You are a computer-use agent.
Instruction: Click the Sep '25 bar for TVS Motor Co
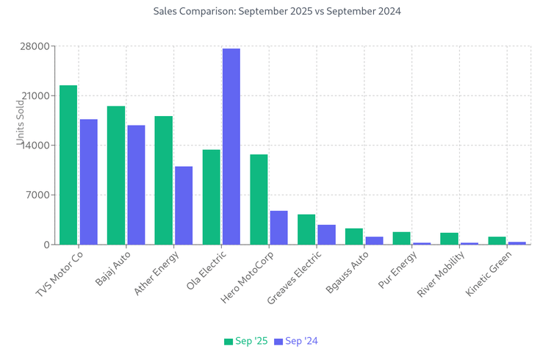tap(68, 165)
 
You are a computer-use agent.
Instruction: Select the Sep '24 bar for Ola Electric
tap(231, 146)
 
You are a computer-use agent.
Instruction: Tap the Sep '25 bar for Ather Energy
tap(164, 180)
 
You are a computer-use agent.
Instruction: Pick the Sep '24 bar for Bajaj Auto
tap(136, 184)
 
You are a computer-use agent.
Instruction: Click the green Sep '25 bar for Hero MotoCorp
tap(259, 199)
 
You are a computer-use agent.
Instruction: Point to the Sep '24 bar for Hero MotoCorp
tap(279, 227)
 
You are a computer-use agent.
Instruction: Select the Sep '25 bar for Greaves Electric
tap(306, 229)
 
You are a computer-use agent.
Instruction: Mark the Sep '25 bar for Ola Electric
tap(212, 197)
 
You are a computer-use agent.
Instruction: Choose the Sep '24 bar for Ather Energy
tap(184, 205)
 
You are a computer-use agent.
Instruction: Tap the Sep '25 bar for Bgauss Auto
tap(354, 236)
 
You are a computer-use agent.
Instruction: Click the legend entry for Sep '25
tap(246, 341)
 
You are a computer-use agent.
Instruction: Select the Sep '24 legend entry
tap(295, 341)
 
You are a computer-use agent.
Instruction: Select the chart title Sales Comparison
tap(277, 12)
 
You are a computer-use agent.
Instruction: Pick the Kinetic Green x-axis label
tap(489, 274)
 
